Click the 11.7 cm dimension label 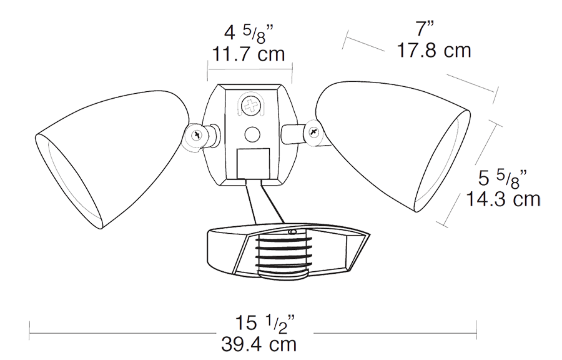(x=249, y=54)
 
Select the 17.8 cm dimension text (x=434, y=51)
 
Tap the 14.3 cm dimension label (x=503, y=199)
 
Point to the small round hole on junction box (x=252, y=133)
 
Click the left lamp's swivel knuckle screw (x=198, y=135)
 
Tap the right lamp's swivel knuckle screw (x=312, y=132)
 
